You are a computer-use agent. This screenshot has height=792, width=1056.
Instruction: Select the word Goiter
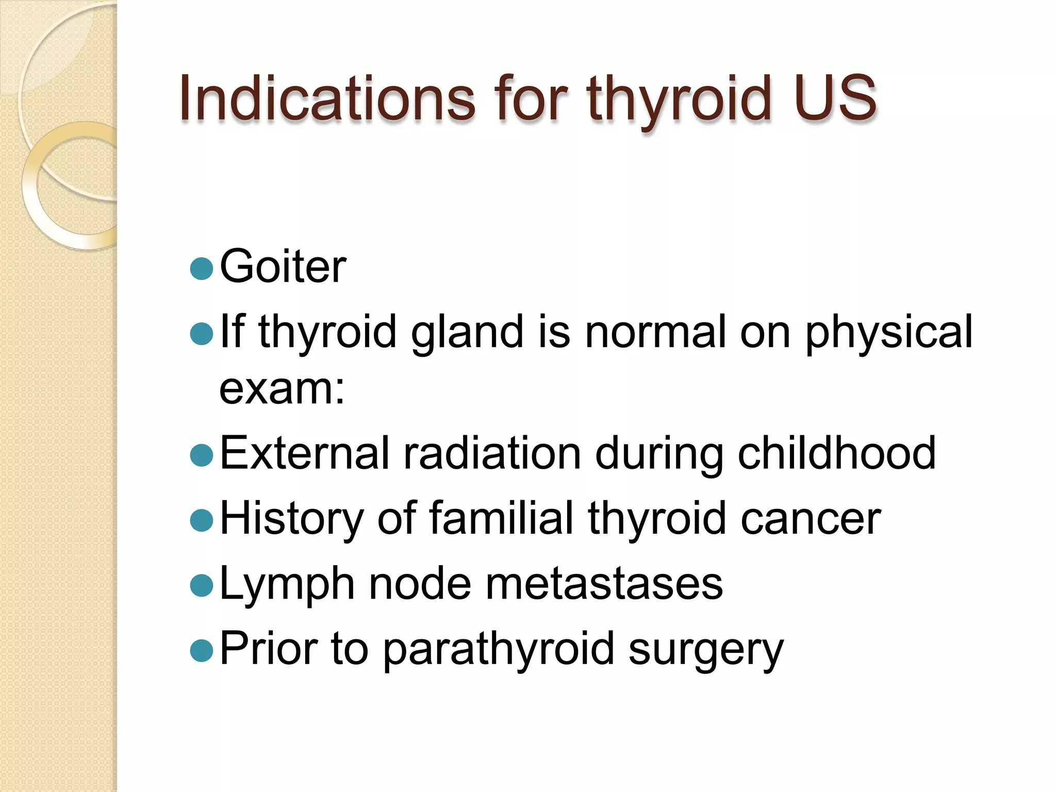tap(283, 267)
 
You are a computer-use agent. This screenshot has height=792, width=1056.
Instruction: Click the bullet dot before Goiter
tap(201, 269)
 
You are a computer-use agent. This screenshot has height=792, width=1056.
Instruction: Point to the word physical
tap(888, 333)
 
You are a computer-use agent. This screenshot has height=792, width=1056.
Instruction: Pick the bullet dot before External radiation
tap(201, 455)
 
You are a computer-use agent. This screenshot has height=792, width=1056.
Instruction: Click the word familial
tap(501, 518)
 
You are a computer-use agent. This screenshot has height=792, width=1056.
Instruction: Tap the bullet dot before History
tap(201, 520)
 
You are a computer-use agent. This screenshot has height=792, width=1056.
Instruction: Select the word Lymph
tap(287, 585)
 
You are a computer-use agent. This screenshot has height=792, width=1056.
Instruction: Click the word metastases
tap(604, 585)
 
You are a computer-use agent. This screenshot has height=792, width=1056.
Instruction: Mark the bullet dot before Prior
tap(201, 650)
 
